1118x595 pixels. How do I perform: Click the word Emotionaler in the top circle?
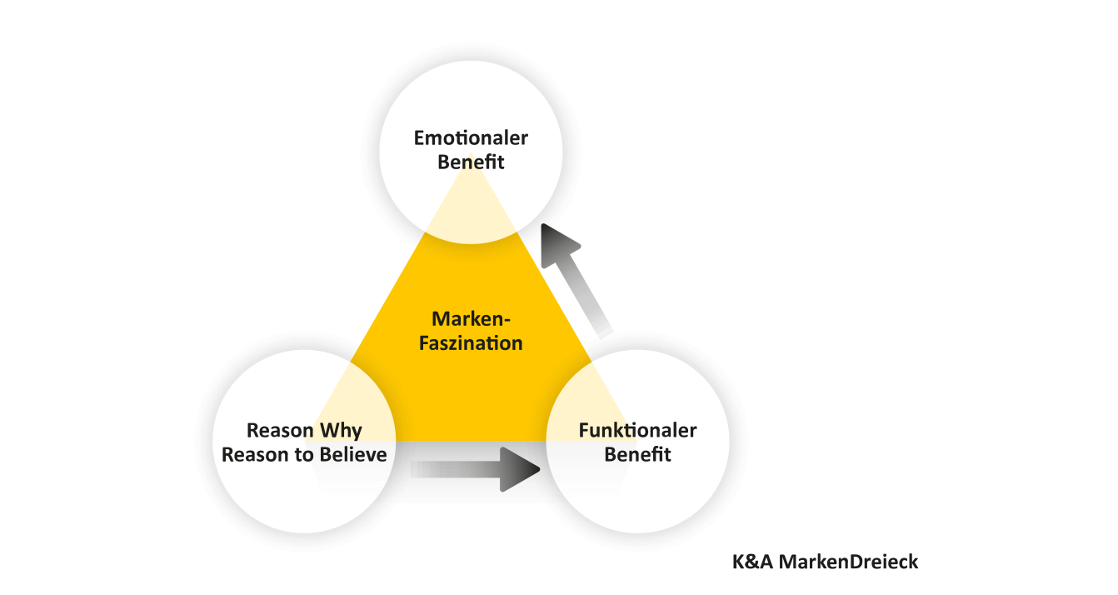click(x=471, y=138)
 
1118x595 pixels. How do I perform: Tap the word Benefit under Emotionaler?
click(x=471, y=162)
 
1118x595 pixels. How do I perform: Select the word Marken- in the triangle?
click(x=471, y=319)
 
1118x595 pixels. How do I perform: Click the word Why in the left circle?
click(x=342, y=431)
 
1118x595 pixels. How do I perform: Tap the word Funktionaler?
click(x=637, y=431)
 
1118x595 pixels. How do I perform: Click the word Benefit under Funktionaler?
click(x=637, y=455)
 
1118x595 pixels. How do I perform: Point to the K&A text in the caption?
click(x=753, y=562)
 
